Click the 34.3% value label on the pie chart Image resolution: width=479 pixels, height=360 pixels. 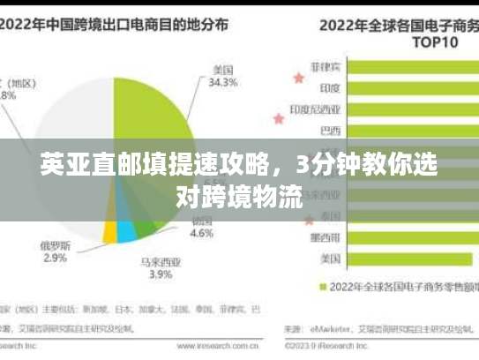coord(222,83)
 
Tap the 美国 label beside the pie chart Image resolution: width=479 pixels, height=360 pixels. coord(222,69)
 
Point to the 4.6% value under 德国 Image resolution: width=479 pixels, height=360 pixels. coord(202,234)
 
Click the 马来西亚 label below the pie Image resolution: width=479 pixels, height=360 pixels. coord(161,261)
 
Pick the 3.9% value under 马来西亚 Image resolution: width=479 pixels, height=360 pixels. coord(161,274)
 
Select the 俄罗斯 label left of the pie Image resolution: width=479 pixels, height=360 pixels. coord(55,244)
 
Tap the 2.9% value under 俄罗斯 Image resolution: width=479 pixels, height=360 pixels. coord(55,258)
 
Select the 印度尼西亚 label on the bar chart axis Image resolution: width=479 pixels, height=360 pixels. coord(315,110)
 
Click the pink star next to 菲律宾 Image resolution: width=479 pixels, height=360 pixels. coord(297,78)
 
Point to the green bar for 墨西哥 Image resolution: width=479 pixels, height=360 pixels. coord(410,236)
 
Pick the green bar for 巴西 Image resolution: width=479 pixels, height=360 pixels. coord(410,132)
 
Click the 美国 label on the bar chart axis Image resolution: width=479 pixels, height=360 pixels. coord(331,259)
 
